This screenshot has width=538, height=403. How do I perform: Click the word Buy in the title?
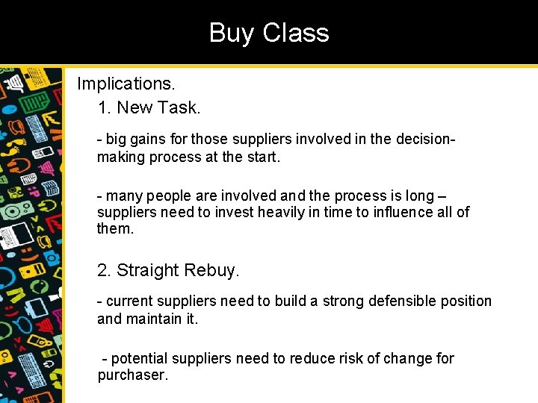click(231, 33)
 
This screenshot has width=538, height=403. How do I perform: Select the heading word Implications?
click(126, 83)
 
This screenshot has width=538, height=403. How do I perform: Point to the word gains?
click(149, 139)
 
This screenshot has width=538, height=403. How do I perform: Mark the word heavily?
click(288, 213)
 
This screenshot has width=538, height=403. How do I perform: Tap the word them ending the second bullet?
click(114, 229)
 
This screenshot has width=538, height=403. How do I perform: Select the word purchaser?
click(132, 375)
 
